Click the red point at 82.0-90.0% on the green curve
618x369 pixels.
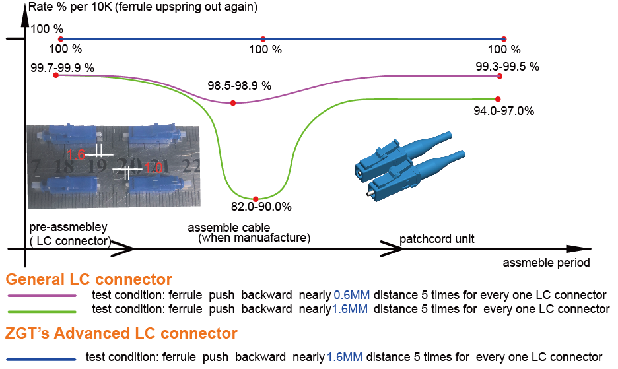pos(256,199)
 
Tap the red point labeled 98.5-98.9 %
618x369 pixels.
pos(233,103)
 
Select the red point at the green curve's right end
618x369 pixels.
pos(498,99)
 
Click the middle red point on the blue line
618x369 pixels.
pos(263,39)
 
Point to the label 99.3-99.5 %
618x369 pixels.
pos(507,66)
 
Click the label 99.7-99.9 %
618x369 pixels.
pos(62,68)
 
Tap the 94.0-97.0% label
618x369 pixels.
pos(504,111)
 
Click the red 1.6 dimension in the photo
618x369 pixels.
pos(76,154)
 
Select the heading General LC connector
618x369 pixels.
pos(88,279)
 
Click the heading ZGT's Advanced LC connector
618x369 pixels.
pos(121,333)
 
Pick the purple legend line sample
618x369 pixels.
pos(42,296)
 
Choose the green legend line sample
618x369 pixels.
pos(42,312)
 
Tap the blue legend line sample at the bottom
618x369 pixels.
pos(42,359)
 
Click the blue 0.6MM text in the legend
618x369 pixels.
pos(351,295)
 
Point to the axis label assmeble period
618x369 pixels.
pos(546,263)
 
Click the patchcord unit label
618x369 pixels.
pos(436,239)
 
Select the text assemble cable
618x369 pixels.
pos(229,228)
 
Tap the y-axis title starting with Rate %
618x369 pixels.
pos(143,7)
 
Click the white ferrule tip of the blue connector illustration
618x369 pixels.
pos(368,194)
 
